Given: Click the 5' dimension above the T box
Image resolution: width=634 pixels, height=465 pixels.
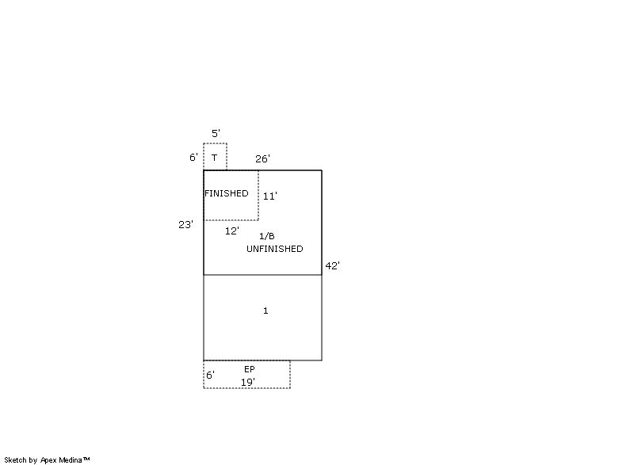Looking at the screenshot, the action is [x=216, y=133].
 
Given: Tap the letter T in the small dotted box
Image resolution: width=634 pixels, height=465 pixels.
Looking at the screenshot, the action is [x=214, y=158].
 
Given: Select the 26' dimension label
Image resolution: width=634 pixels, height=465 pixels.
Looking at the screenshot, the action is [x=262, y=158].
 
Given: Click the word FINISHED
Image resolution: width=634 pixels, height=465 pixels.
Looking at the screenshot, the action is [x=227, y=193].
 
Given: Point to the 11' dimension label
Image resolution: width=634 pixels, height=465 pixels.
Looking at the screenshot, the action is [x=270, y=196].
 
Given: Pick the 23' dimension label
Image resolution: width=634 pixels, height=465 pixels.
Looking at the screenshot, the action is [x=185, y=225].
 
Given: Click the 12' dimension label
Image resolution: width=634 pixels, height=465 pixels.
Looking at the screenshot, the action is [x=232, y=231].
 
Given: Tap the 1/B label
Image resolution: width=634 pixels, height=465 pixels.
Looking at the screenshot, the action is [x=267, y=236].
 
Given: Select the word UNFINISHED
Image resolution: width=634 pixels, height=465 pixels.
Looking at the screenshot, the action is [x=275, y=249].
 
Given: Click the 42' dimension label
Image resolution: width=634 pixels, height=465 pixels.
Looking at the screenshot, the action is [x=333, y=266].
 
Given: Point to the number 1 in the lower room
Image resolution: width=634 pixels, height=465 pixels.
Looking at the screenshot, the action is [x=265, y=311].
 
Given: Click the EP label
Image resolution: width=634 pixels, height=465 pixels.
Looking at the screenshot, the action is [x=250, y=369].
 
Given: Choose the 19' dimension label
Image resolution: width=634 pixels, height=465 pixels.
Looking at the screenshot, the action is [x=248, y=382].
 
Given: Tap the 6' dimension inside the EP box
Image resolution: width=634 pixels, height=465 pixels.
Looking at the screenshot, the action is [x=210, y=375].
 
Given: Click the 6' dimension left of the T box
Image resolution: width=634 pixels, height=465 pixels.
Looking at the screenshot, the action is [x=193, y=157].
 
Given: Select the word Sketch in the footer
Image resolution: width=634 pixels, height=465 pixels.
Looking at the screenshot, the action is [x=15, y=459].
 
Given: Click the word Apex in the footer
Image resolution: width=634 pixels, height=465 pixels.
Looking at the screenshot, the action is [x=49, y=460].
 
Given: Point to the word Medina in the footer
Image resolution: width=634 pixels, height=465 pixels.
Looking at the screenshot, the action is [x=71, y=459].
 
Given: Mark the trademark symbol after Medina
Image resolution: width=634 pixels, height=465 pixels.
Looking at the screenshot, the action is [x=86, y=459].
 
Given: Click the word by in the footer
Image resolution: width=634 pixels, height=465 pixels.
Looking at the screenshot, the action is [x=33, y=460].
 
